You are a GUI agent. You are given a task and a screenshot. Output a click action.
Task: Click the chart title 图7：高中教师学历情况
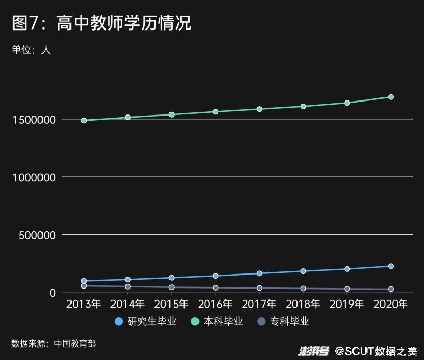(x=102, y=23)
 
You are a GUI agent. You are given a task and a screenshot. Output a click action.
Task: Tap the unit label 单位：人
(x=31, y=50)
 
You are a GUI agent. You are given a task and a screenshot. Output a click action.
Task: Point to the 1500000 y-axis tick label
(x=34, y=120)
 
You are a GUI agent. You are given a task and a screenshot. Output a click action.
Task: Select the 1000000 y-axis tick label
(x=34, y=177)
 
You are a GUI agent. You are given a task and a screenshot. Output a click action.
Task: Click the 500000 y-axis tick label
(x=37, y=235)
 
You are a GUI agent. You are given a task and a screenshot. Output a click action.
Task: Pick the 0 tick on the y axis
(x=52, y=293)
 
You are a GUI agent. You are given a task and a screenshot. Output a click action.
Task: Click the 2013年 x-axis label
(x=83, y=304)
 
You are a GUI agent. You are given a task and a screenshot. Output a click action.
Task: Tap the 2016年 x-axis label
(x=215, y=304)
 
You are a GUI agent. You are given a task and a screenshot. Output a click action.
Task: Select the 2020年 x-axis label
(x=391, y=304)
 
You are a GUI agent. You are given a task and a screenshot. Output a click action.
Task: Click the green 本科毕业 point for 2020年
(x=391, y=97)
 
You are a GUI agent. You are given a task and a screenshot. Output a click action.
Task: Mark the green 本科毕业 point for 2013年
(x=83, y=120)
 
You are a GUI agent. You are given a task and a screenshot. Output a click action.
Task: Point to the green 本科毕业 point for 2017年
(x=259, y=109)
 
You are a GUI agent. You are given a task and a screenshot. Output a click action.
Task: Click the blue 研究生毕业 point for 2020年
(x=391, y=266)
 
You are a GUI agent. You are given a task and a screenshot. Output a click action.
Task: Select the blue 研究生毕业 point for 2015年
(x=172, y=278)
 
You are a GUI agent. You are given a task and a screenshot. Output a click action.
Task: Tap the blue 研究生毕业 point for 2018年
(x=303, y=271)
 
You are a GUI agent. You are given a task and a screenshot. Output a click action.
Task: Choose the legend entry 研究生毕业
(x=146, y=322)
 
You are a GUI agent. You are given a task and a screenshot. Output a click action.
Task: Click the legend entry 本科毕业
(x=217, y=322)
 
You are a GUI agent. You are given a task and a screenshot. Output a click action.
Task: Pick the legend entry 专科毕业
(x=284, y=322)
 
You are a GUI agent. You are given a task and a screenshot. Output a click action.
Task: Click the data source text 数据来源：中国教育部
(x=54, y=343)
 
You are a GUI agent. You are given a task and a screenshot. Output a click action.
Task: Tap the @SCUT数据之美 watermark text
(x=375, y=351)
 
